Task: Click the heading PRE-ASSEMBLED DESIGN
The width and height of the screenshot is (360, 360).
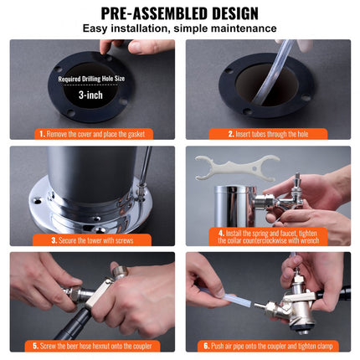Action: pyautogui.click(x=179, y=13)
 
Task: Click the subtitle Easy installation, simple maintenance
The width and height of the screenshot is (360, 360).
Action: pyautogui.click(x=179, y=29)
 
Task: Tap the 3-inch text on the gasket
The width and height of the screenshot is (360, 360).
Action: pyautogui.click(x=91, y=95)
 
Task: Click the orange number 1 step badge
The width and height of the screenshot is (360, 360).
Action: pyautogui.click(x=41, y=132)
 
